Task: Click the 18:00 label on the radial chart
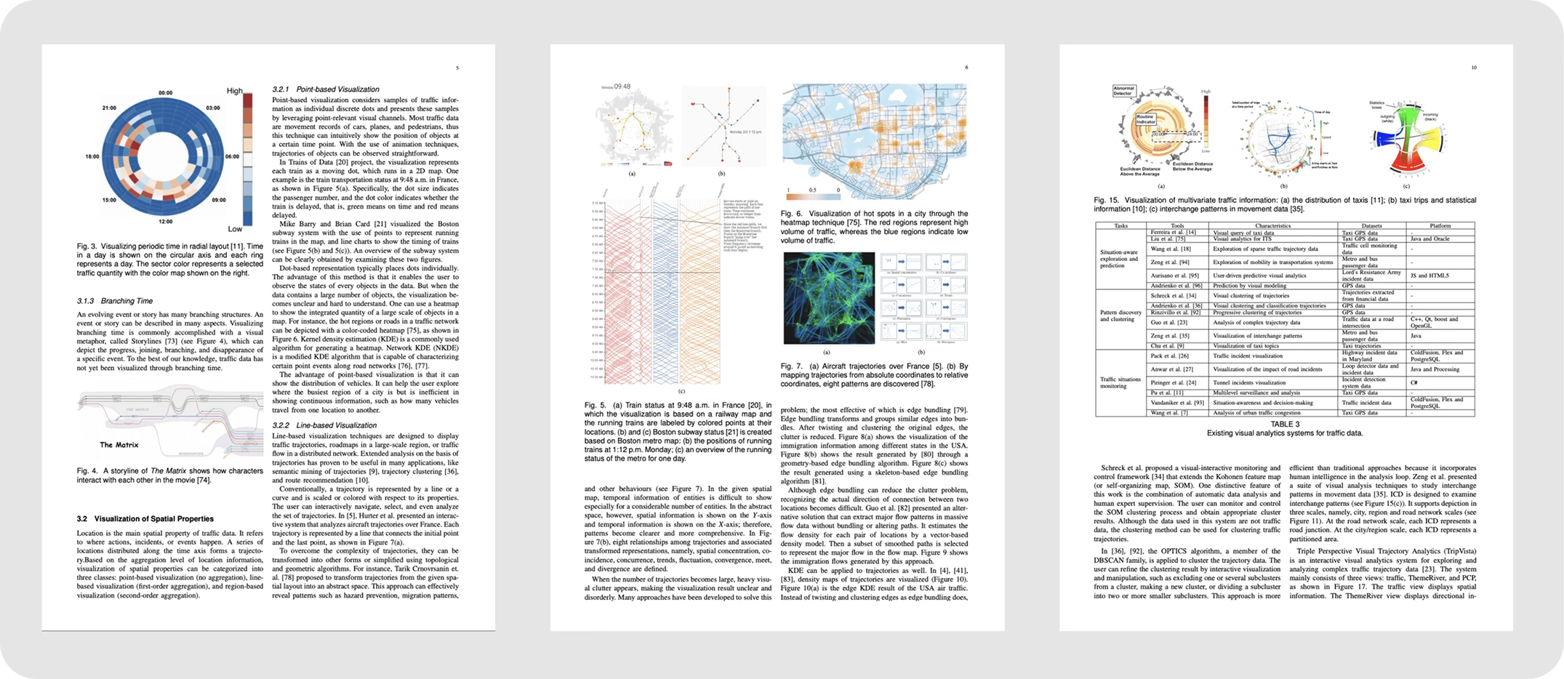point(92,156)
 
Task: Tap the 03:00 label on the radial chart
point(212,108)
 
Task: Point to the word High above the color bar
point(234,91)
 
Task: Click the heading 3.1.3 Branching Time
point(115,301)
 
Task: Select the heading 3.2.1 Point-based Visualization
point(326,89)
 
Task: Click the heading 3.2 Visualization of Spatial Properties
point(145,519)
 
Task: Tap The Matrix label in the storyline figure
point(119,445)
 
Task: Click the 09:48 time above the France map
point(622,87)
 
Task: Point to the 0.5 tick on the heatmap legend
point(813,190)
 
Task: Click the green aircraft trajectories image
point(829,298)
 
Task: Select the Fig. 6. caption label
point(790,214)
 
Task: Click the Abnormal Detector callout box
point(1123,91)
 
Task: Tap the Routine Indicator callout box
point(1145,119)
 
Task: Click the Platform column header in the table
point(1440,226)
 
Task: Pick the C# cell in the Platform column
point(1414,382)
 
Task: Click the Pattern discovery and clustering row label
point(1120,316)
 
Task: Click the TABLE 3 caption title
point(1285,425)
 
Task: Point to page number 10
point(1474,68)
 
